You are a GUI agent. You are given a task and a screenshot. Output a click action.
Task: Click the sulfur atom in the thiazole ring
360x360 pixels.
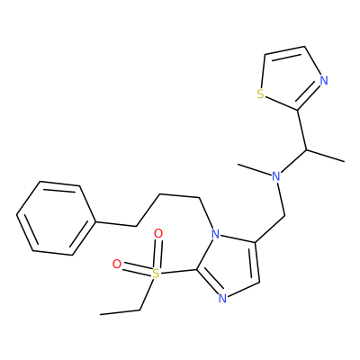261,94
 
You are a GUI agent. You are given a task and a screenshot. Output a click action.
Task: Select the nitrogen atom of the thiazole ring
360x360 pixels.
324,80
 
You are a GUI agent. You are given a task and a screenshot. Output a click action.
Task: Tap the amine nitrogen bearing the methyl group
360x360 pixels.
276,176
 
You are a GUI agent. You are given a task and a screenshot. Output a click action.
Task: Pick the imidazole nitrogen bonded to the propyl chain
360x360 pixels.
215,234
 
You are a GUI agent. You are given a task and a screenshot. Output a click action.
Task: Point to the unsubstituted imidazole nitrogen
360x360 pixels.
222,298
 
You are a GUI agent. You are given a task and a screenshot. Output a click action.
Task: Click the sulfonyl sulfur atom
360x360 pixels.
155,274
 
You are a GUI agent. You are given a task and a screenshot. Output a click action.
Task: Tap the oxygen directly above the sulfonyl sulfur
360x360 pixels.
158,233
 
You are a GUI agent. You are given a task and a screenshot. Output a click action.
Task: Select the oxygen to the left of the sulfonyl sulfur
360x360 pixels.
117,265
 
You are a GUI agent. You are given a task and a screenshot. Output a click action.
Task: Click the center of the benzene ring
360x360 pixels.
56,219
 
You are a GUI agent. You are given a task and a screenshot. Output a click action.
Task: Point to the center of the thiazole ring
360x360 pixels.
291,79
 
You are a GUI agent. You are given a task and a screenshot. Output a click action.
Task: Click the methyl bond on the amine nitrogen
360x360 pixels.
255,169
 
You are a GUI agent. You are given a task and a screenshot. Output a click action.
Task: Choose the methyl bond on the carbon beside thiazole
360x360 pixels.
325,156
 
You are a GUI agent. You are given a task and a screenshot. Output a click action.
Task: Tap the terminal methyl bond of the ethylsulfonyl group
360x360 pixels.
120,312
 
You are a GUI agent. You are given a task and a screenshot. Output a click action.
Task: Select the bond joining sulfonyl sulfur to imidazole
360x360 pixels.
178,271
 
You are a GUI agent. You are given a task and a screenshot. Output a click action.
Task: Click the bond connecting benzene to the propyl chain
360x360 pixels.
116,224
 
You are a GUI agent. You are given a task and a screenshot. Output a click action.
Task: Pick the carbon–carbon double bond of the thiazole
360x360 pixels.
284,50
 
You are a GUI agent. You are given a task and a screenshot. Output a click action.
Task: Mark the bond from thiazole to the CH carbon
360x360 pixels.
301,130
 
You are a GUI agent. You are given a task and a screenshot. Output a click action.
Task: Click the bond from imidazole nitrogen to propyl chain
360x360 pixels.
206,213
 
